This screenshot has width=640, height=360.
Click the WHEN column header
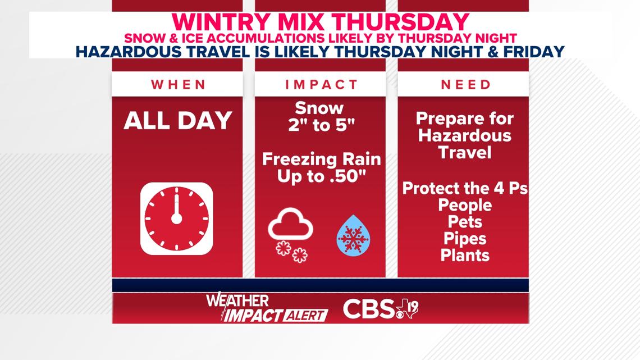179,84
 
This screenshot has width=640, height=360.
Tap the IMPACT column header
321,84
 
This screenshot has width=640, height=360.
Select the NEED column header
466,84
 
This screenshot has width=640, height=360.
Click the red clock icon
177,219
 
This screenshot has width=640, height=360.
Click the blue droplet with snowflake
354,236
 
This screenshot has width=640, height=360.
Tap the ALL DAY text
178,121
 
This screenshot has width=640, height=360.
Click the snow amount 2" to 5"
321,125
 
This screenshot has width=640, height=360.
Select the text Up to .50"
321,176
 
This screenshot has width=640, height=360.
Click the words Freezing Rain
321,159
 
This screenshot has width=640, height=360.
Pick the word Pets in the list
465,222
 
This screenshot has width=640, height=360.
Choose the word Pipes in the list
465,239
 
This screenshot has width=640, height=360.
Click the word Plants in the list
465,256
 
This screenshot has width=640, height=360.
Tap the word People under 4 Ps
465,205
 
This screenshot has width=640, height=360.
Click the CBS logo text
369,309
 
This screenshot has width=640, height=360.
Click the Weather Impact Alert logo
267,307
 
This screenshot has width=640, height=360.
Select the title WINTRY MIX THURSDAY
321,22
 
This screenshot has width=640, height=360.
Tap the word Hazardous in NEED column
464,135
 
